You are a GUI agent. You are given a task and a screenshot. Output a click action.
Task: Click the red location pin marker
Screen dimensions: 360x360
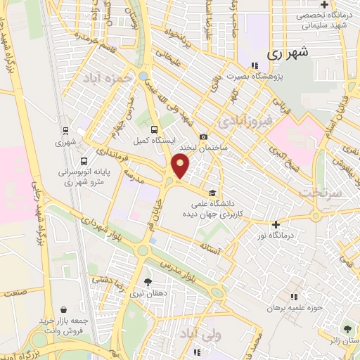pyautogui.click(x=181, y=166)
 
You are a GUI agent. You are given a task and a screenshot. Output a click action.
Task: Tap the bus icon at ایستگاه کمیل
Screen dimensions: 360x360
pyautogui.click(x=155, y=129)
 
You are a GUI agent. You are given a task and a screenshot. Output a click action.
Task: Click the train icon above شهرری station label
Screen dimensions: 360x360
pyautogui.click(x=65, y=130)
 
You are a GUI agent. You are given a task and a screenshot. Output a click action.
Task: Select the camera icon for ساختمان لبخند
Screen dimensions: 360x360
pyautogui.click(x=203, y=136)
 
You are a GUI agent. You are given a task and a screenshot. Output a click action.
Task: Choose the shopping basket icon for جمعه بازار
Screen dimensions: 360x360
pyautogui.click(x=64, y=309)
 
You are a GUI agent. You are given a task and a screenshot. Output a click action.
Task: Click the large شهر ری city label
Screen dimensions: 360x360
pyautogui.click(x=288, y=53)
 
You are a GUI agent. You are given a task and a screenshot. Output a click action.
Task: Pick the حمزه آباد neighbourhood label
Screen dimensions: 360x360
pyautogui.click(x=108, y=74)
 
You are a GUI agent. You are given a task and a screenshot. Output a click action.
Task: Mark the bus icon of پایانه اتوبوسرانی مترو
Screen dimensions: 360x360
pyautogui.click(x=84, y=160)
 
